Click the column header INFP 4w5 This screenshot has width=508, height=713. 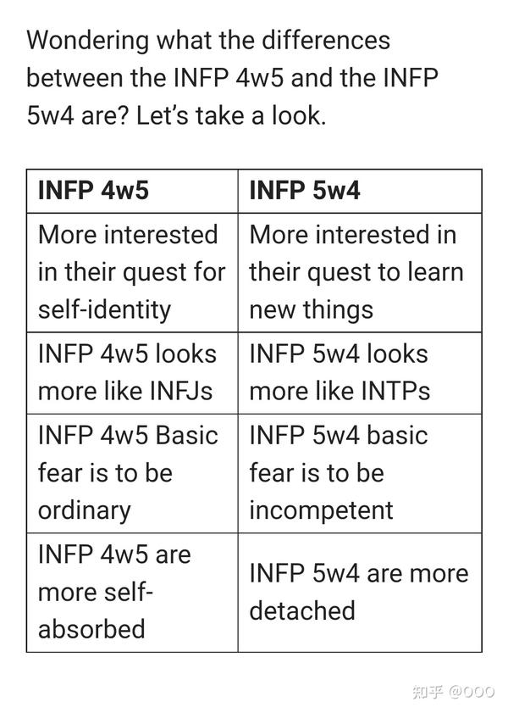[93, 190]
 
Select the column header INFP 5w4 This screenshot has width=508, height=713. [305, 190]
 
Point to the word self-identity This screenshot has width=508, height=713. [104, 309]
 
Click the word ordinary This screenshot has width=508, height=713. [85, 510]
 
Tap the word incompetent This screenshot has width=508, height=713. [322, 510]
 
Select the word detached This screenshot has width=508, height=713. [302, 610]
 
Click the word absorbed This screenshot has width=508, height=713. [91, 629]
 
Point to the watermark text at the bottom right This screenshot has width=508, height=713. [453, 692]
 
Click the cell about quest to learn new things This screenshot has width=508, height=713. [359, 271]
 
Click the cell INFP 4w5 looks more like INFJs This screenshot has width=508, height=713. [131, 372]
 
